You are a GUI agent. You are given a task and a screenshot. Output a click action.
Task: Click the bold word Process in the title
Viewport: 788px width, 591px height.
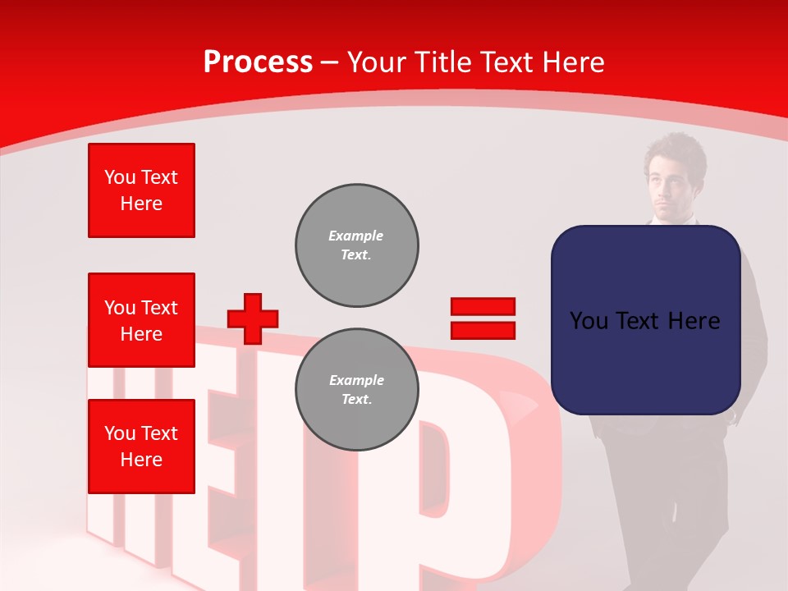(x=258, y=62)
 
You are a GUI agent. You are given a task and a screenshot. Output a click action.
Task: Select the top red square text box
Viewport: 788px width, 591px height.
(x=141, y=190)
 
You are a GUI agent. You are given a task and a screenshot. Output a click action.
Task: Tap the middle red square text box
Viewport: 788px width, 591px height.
(x=141, y=320)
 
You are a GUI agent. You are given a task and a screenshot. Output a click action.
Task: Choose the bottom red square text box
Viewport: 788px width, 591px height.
(x=141, y=447)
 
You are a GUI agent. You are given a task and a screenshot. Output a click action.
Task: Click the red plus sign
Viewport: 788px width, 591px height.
(x=252, y=318)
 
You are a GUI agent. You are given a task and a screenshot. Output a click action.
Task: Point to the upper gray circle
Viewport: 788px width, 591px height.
(x=356, y=245)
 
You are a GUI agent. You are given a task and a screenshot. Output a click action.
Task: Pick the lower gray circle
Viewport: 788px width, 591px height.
(x=356, y=390)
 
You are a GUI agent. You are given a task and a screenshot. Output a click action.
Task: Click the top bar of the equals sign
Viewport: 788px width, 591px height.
(x=483, y=307)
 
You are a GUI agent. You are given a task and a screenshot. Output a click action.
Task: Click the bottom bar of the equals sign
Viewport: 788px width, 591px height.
(x=483, y=330)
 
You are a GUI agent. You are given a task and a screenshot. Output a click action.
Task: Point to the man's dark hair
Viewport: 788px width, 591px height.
(x=674, y=148)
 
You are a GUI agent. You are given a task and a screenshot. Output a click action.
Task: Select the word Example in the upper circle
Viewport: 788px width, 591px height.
(x=355, y=236)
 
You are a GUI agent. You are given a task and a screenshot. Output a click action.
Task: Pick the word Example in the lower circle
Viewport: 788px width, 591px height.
(x=356, y=380)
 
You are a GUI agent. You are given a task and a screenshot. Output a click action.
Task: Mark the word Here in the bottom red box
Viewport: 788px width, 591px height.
(x=141, y=460)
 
